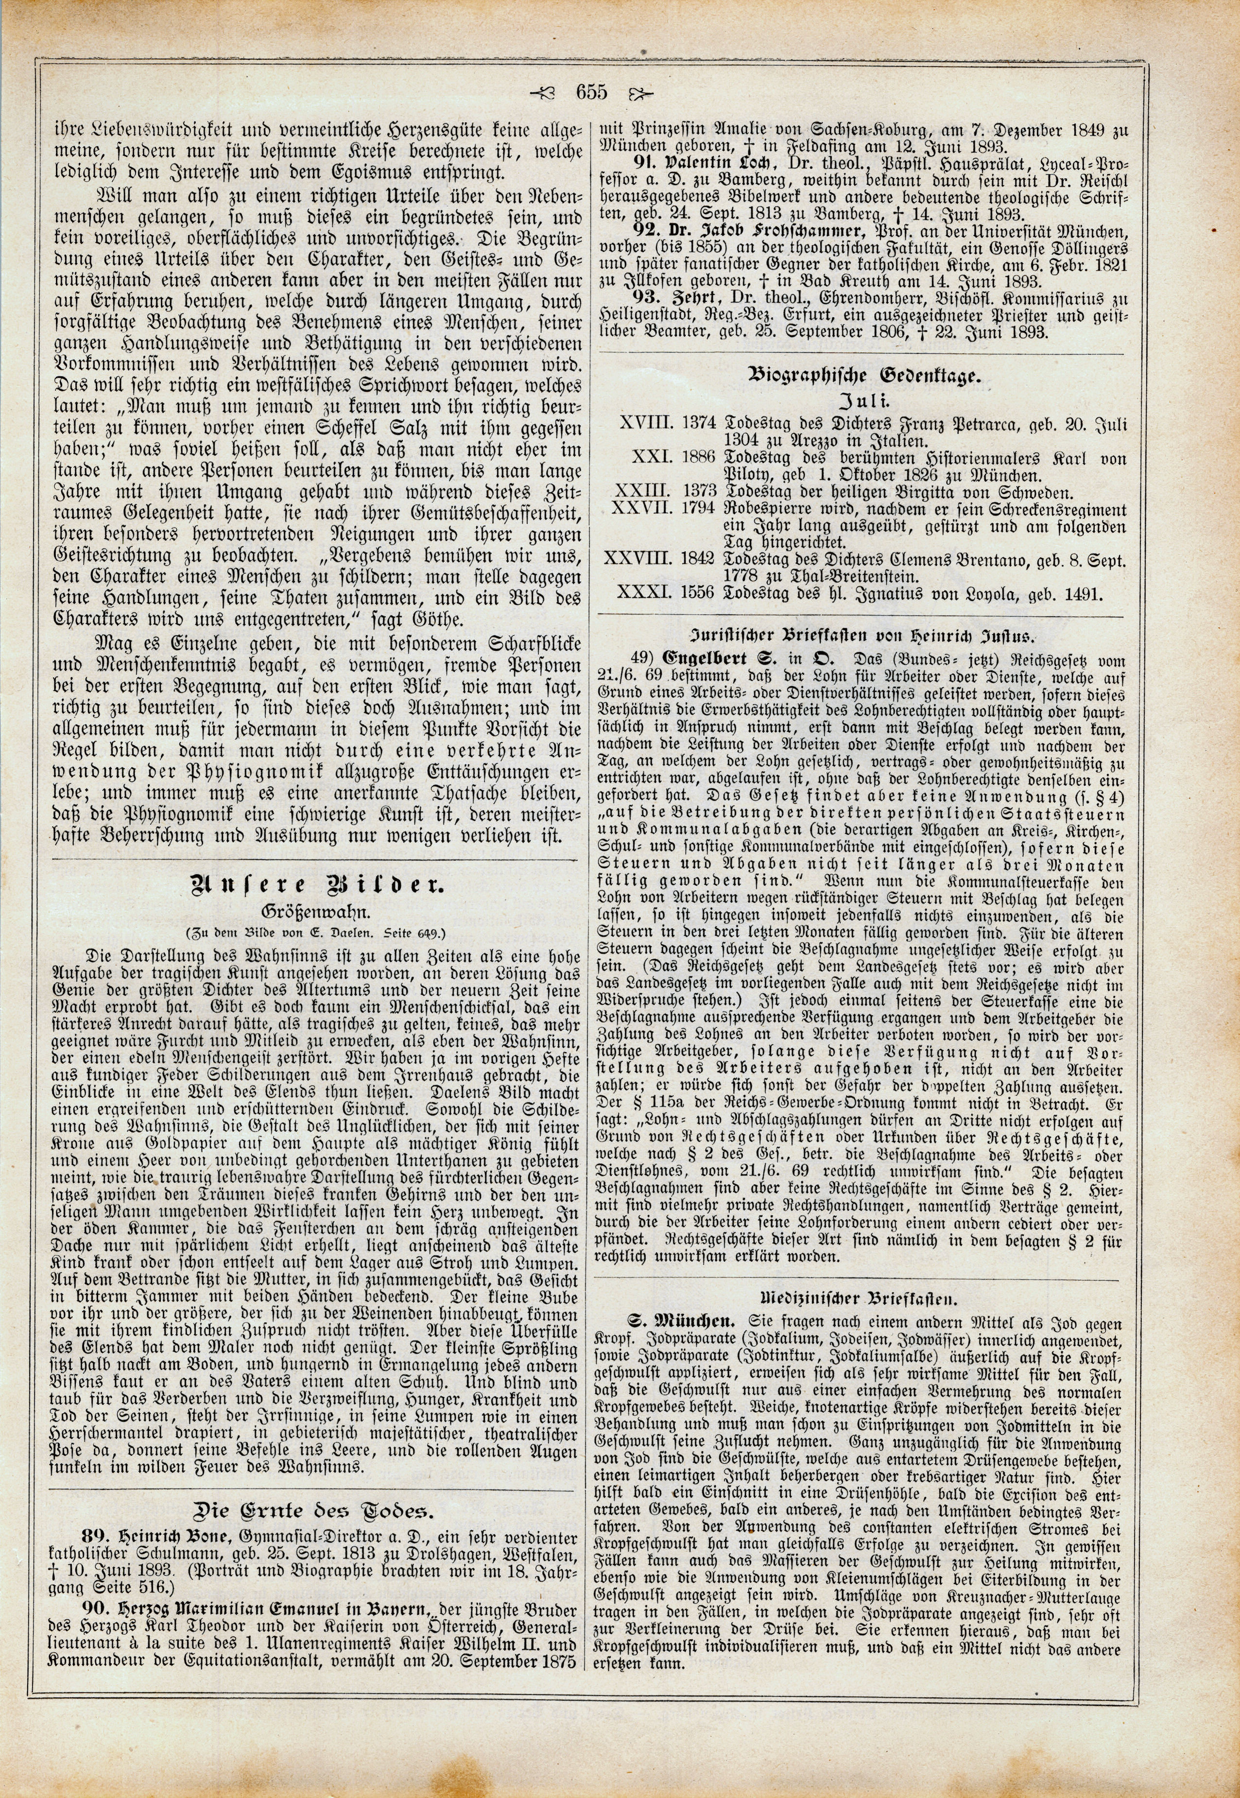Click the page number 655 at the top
pyautogui.click(x=590, y=92)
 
